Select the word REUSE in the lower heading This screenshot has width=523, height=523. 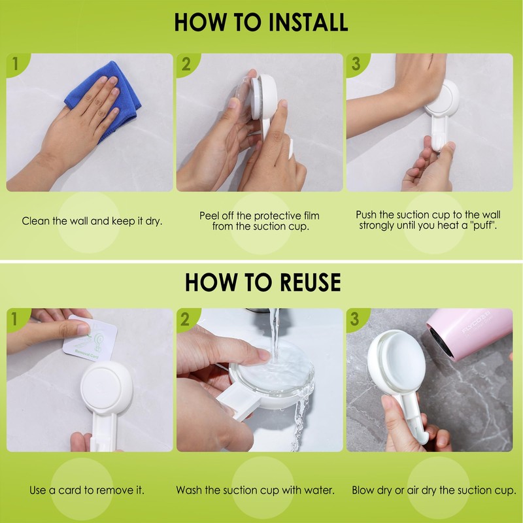point(311,282)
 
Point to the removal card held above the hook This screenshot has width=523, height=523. point(90,339)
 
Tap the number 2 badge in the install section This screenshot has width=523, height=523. point(186,63)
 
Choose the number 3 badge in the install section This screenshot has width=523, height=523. point(356,63)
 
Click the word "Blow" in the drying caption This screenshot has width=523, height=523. point(363,490)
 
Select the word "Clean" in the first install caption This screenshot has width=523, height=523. point(36,221)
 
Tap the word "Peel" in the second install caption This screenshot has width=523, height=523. point(209,216)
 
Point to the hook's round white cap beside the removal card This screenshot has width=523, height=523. point(107,388)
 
